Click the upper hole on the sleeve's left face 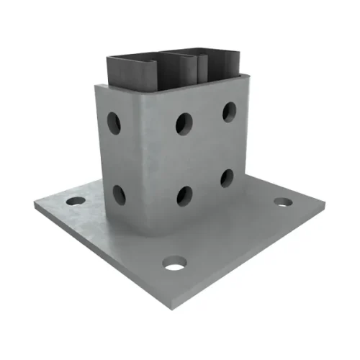click(114, 122)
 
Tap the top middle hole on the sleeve click(184, 123)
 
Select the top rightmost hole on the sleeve click(229, 111)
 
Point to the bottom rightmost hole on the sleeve click(228, 178)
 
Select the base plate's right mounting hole click(283, 202)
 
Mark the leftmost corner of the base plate click(34, 207)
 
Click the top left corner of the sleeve click(96, 86)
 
